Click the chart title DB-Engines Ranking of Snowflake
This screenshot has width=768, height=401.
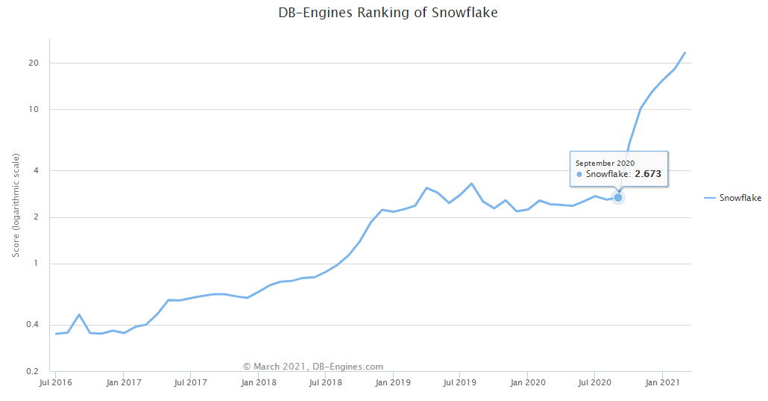[384, 13]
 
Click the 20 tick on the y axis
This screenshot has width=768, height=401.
[34, 63]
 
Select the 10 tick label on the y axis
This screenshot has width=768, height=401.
[34, 110]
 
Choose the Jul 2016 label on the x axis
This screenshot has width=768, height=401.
[54, 383]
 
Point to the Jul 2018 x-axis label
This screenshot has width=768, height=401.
[325, 383]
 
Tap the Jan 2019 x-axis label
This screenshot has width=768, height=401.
[392, 383]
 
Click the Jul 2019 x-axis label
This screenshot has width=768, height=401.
[459, 383]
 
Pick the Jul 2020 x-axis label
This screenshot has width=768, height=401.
[594, 383]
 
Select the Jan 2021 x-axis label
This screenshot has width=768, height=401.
[662, 383]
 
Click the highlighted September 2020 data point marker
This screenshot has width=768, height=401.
[617, 197]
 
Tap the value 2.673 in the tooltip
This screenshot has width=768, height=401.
[648, 174]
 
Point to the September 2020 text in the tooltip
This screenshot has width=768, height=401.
[605, 163]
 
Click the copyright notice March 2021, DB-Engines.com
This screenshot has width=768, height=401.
[313, 367]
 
